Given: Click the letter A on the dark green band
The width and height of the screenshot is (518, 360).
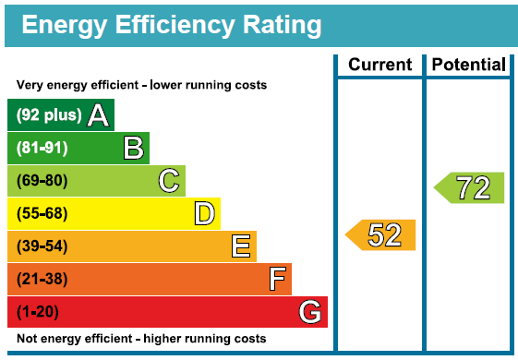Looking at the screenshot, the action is click(98, 115).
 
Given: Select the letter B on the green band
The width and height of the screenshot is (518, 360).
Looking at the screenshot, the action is click(134, 148).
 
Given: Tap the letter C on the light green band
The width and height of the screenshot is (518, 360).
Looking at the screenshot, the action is click(169, 181).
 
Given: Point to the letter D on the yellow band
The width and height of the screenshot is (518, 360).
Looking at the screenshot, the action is click(204, 213).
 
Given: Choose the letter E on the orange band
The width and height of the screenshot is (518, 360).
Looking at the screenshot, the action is click(241, 246).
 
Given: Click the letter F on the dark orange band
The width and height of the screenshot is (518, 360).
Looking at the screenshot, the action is click(277, 279).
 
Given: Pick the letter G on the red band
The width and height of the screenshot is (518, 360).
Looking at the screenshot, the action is click(310, 311).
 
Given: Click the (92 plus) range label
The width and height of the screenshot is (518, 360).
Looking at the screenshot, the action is click(49, 115).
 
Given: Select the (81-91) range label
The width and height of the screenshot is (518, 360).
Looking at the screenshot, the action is click(42, 148).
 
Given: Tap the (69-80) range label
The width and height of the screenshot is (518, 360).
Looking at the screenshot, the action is click(42, 181).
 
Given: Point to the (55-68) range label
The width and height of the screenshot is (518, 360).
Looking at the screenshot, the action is click(42, 213).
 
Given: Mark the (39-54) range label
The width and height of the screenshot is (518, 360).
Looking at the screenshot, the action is click(42, 246).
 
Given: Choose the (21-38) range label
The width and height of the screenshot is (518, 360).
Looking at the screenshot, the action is click(42, 279).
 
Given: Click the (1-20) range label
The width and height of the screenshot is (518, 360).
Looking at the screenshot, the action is click(38, 312).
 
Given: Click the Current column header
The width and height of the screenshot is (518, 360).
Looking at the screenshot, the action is click(379, 65).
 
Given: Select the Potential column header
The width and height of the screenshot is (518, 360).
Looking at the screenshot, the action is click(469, 65).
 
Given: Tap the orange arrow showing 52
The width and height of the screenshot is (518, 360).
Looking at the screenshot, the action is click(380, 234).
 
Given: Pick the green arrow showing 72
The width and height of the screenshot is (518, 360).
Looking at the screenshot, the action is click(469, 187).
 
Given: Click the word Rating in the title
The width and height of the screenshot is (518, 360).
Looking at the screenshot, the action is click(283, 26).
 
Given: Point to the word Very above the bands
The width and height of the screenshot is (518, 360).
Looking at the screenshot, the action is click(30, 85).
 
